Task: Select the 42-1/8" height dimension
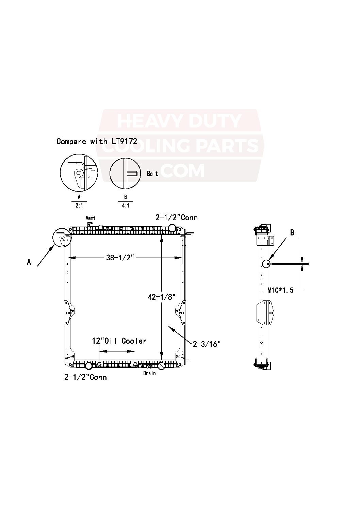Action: coord(161,297)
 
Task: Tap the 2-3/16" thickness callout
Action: coord(207,344)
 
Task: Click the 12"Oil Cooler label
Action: coord(119,341)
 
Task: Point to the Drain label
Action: coord(149,373)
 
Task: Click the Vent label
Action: coord(91,218)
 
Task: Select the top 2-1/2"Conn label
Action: coord(176,217)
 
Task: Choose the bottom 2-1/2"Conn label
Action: coord(85,377)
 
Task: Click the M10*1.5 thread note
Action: coord(280,290)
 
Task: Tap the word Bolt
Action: coord(152,174)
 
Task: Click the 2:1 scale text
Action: coord(79,206)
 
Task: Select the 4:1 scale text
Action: coord(125,206)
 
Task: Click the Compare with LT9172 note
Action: coord(97,141)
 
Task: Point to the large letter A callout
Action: coord(29,262)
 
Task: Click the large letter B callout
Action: coord(292,233)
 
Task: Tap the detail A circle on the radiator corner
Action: coord(62,237)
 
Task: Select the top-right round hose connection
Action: coord(173,227)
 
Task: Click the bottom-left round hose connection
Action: coord(88,366)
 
